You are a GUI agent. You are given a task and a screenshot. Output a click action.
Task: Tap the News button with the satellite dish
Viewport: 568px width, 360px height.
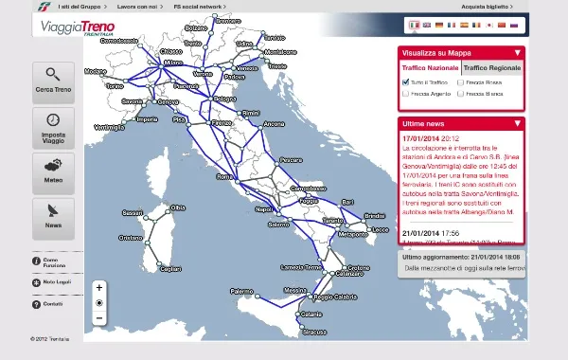(x=53, y=216)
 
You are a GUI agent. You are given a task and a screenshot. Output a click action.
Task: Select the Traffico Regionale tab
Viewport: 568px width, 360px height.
(x=490, y=68)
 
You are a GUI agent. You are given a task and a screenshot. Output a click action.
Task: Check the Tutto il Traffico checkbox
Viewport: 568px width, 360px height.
(x=406, y=82)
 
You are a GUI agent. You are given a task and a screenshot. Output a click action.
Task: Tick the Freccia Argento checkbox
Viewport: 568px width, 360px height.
(x=406, y=94)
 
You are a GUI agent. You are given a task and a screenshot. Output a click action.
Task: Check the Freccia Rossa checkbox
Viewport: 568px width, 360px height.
(x=461, y=82)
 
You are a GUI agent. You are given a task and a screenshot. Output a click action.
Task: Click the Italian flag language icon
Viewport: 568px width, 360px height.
(x=414, y=26)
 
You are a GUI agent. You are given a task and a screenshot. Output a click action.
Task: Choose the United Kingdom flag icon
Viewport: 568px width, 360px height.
(x=426, y=26)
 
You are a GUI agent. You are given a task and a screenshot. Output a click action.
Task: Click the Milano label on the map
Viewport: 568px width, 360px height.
(x=173, y=63)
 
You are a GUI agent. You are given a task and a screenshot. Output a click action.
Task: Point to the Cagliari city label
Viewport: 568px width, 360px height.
(x=169, y=270)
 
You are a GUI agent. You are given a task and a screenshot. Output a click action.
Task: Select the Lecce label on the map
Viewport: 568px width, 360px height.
(x=381, y=229)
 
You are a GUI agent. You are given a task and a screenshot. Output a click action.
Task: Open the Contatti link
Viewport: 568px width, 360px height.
(x=52, y=304)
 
